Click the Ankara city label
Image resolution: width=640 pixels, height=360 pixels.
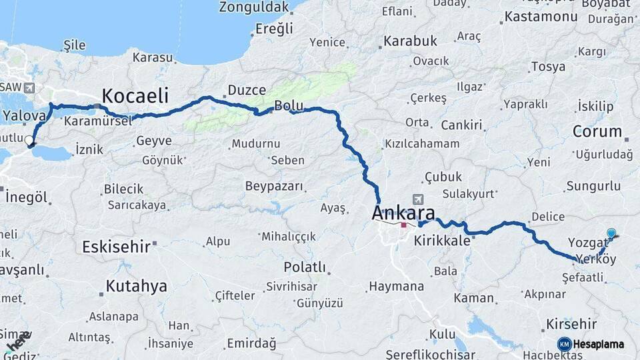point(403,214)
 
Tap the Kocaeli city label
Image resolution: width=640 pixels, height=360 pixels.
point(135,95)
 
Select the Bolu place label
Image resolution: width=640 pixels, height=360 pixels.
point(289,105)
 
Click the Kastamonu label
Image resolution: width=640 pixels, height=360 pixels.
point(540,17)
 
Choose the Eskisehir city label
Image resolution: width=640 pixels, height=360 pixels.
point(116,247)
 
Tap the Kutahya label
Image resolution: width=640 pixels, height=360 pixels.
point(136,287)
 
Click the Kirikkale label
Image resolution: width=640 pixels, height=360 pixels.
point(443,241)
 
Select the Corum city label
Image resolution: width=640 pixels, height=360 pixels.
point(597,131)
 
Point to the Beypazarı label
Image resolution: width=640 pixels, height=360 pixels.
point(274,186)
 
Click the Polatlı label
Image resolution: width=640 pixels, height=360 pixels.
point(305,267)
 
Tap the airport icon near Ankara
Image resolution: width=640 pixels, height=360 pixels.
point(418,199)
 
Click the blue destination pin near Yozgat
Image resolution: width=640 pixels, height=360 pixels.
point(611,233)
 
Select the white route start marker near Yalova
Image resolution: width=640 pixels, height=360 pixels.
point(29,140)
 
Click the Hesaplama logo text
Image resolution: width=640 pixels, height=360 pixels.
point(599,344)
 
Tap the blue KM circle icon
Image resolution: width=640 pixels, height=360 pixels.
point(564,344)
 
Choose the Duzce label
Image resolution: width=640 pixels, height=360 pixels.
point(247,90)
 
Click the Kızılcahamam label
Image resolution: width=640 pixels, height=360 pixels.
point(422,144)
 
